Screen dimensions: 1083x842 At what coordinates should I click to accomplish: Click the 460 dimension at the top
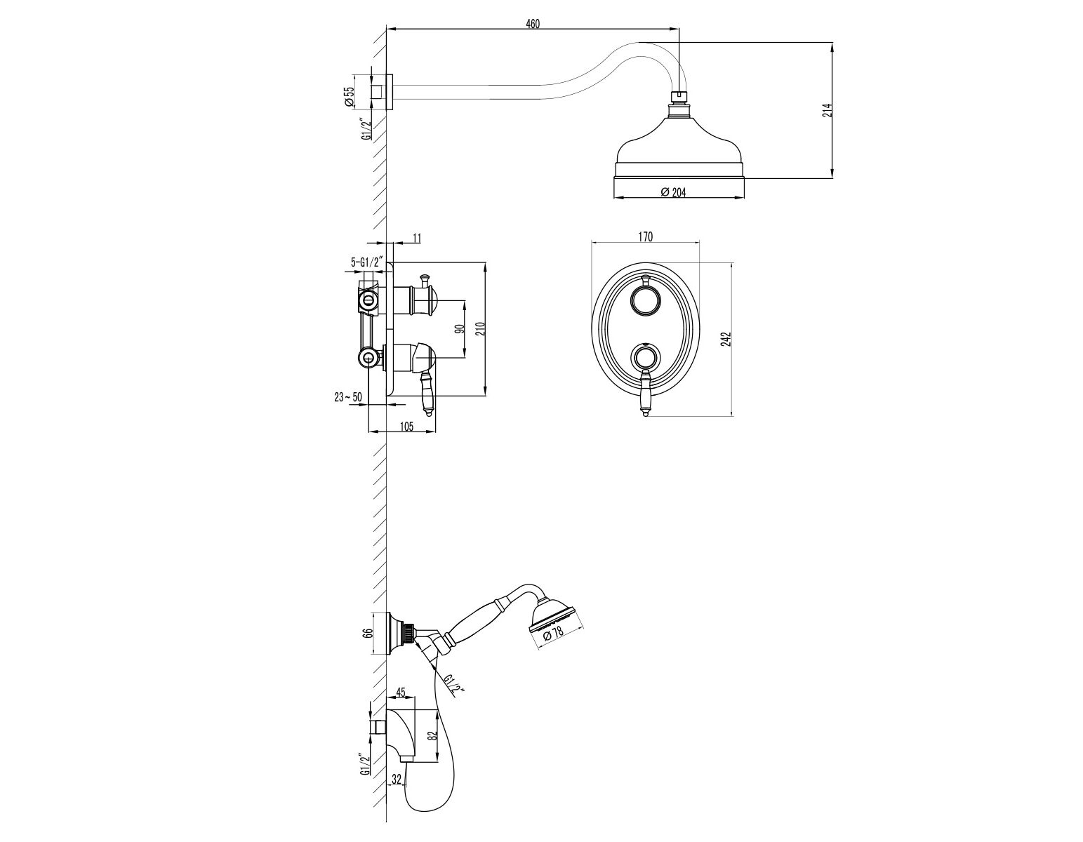533,23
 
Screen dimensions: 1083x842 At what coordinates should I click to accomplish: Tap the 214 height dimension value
828,110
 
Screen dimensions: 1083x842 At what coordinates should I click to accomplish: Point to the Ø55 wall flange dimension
349,96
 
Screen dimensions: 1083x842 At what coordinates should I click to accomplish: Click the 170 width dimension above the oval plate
645,236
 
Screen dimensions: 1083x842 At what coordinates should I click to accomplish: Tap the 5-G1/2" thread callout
366,262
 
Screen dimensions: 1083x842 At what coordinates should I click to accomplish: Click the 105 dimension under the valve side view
406,427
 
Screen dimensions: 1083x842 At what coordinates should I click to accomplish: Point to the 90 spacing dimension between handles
460,328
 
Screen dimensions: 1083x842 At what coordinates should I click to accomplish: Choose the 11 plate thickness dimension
417,238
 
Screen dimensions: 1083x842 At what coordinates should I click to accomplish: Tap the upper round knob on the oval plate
646,302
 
